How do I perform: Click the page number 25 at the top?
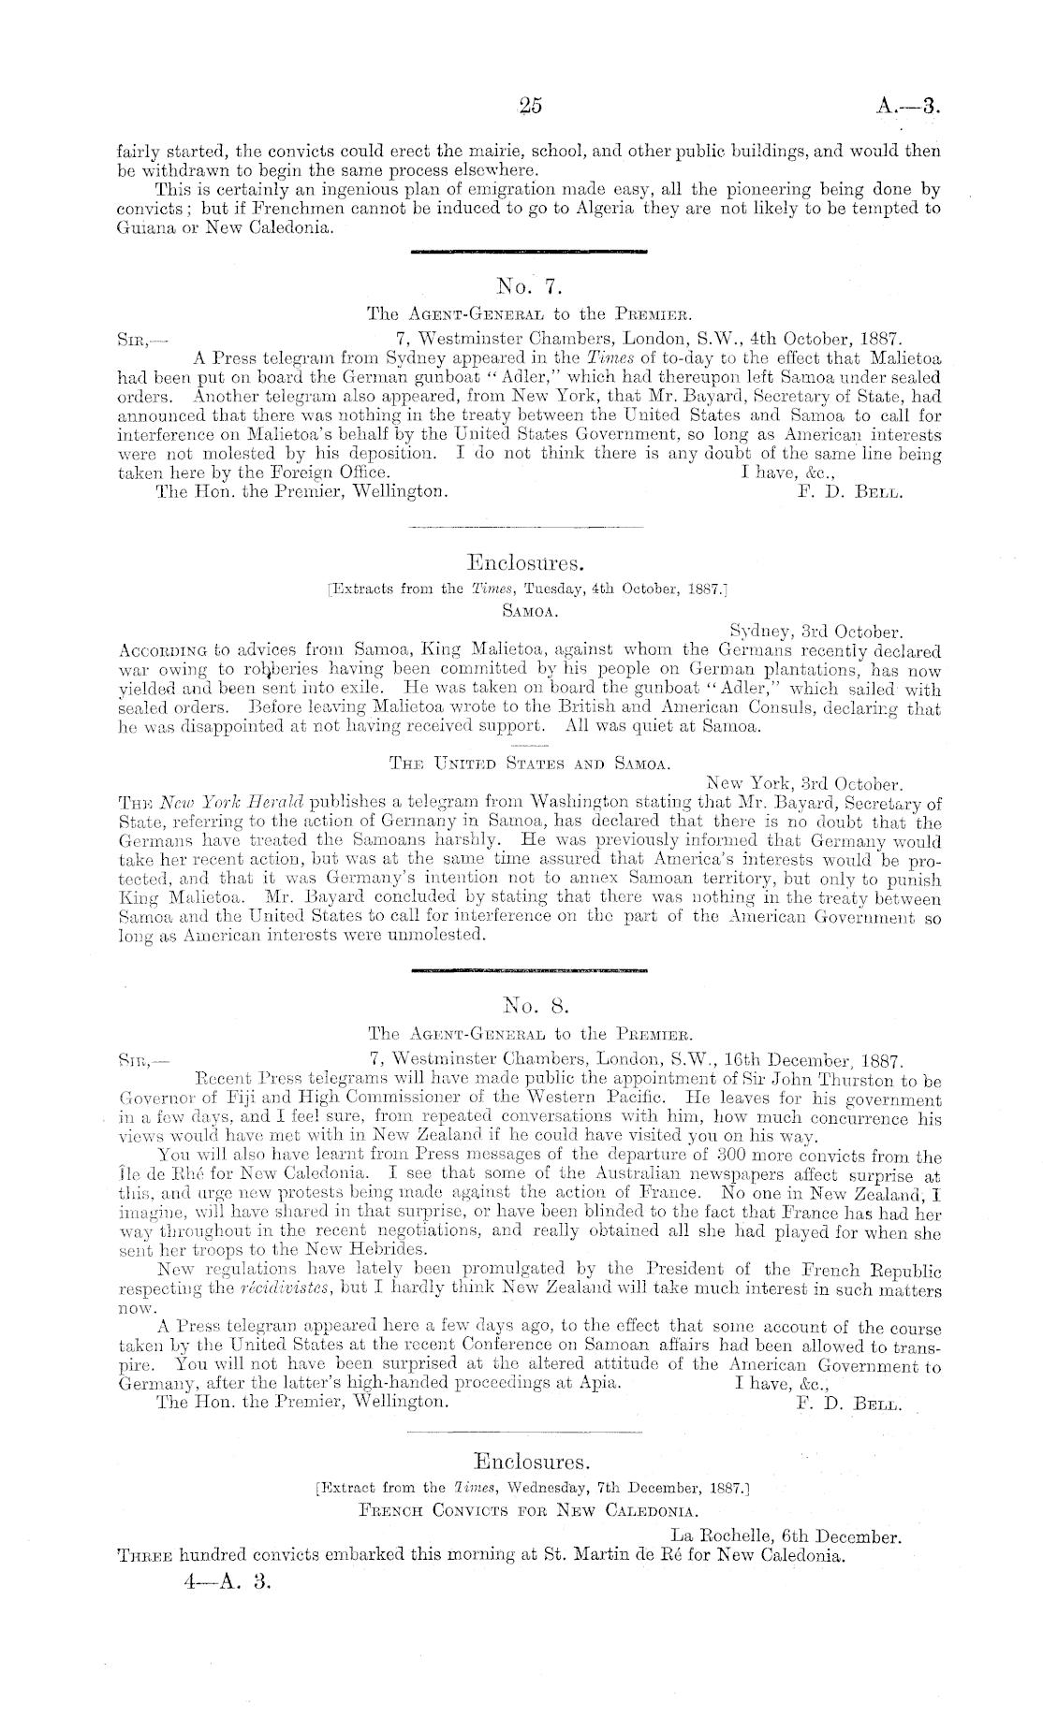(x=530, y=106)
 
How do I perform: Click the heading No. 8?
(x=529, y=1007)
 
